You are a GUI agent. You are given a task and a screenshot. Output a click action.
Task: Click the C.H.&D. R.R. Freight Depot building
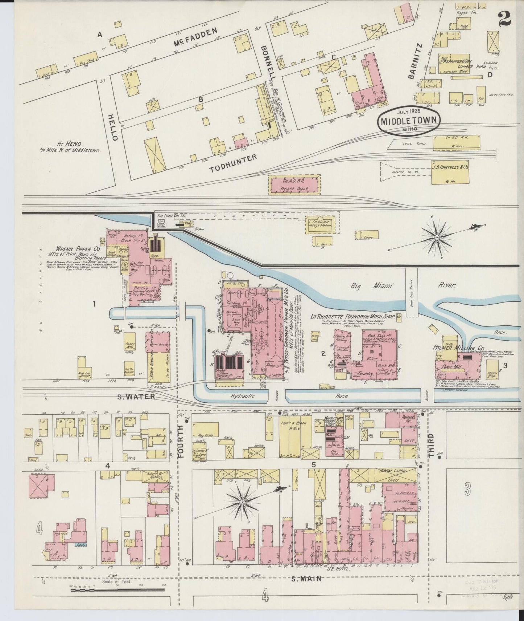(x=294, y=184)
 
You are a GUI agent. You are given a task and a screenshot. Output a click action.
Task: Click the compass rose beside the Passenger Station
(x=437, y=237)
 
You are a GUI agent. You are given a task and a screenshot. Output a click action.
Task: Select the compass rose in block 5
(x=242, y=502)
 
